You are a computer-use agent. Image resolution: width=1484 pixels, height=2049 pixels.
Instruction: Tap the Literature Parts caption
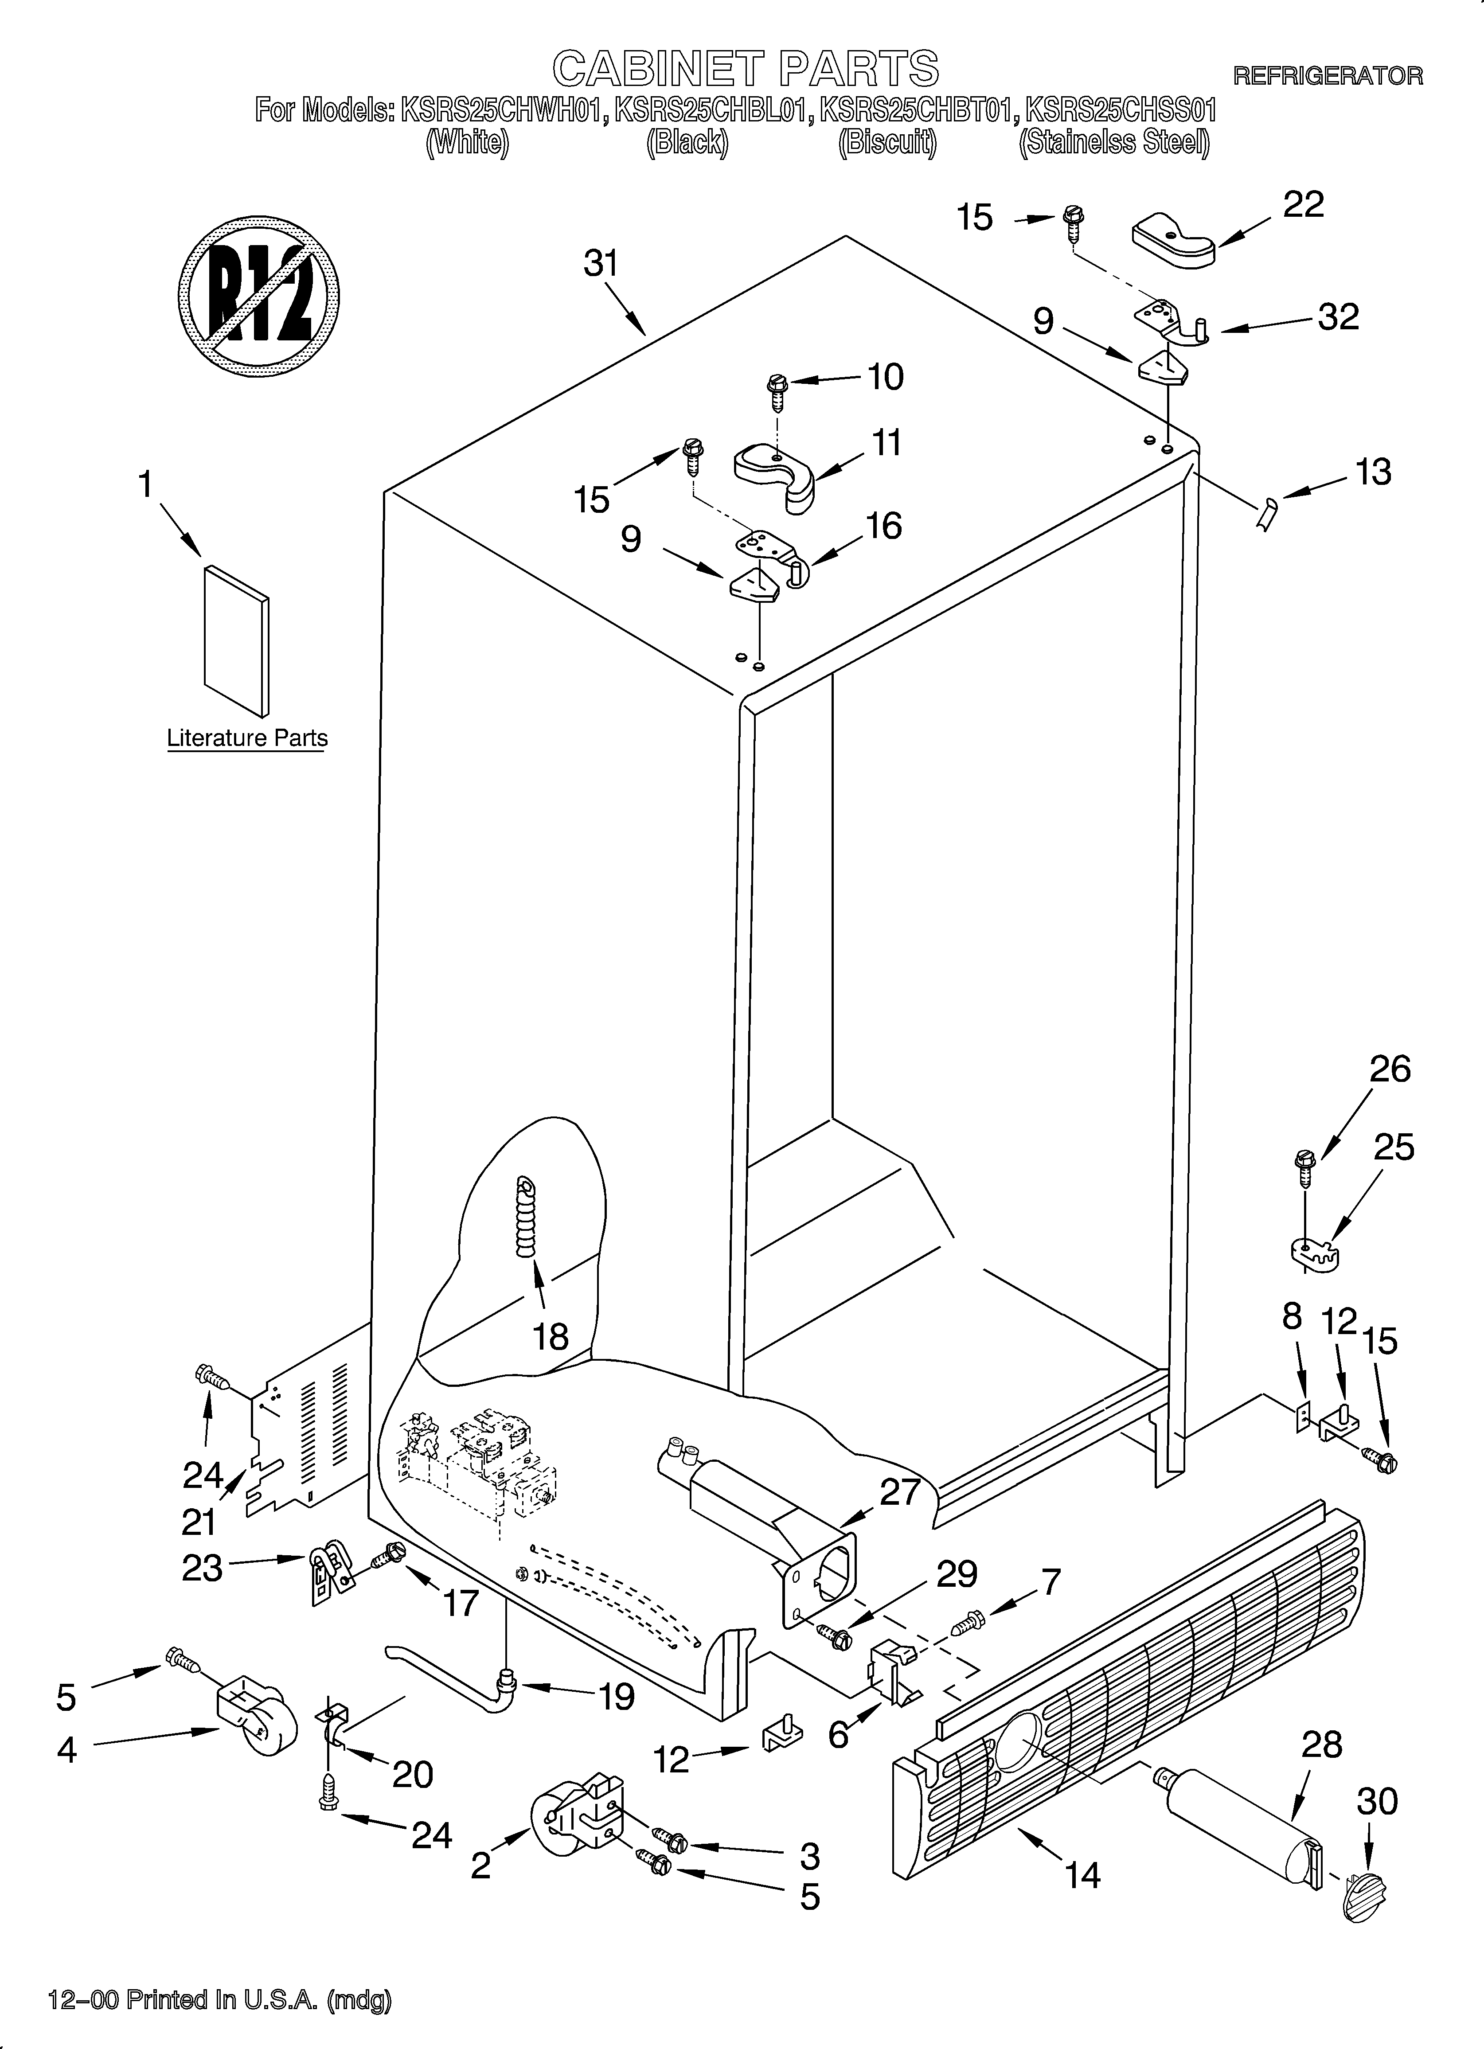247,738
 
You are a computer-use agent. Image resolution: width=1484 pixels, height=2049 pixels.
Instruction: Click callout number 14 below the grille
1082,1876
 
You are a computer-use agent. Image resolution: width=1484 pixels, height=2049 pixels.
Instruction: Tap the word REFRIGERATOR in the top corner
1328,76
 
